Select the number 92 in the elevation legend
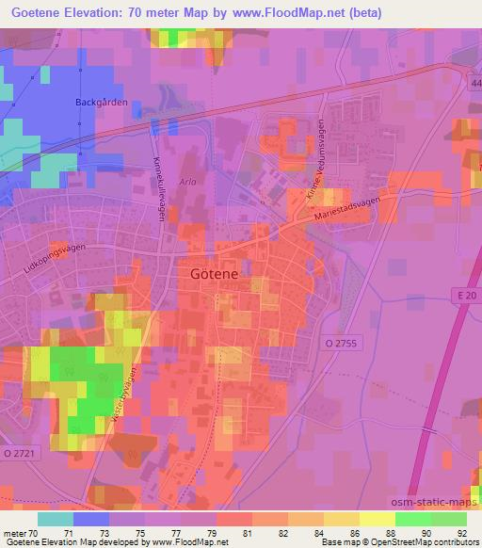pyautogui.click(x=461, y=532)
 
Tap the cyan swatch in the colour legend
pyautogui.click(x=56, y=518)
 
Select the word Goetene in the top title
pyautogui.click(x=38, y=12)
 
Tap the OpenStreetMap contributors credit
pyautogui.click(x=414, y=542)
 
